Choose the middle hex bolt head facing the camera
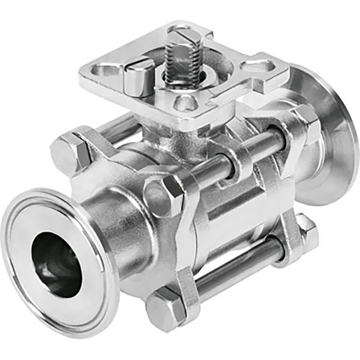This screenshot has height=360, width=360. [162, 195]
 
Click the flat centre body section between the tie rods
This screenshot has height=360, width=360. [237, 216]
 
